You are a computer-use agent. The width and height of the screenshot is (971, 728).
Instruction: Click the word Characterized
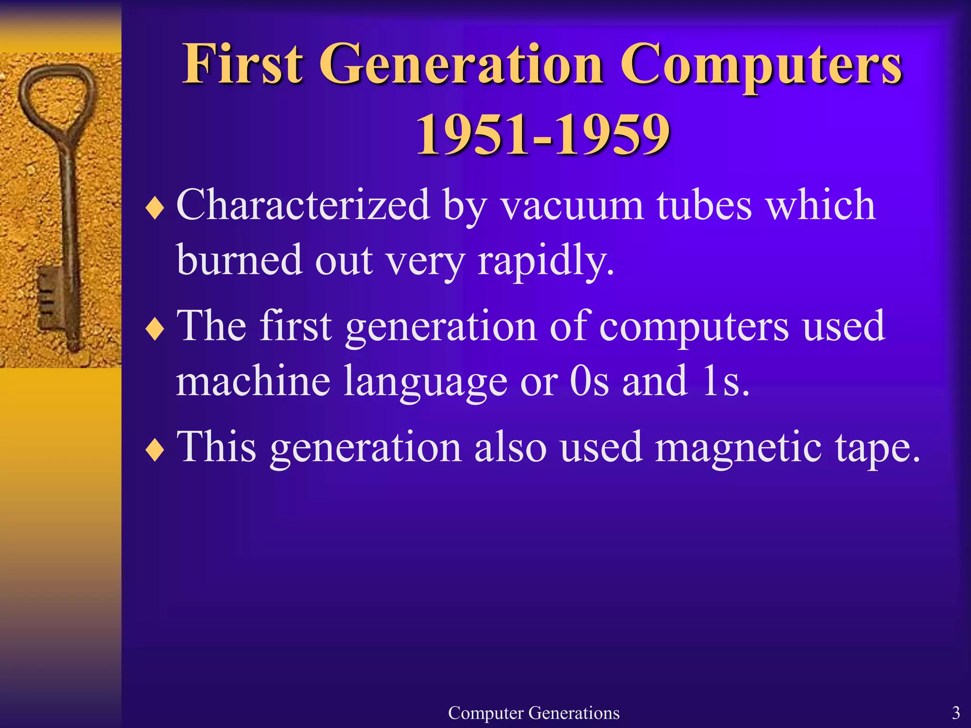click(303, 205)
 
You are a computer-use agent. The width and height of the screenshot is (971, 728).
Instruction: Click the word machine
click(253, 381)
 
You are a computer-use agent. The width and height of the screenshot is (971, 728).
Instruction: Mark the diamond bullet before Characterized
click(155, 208)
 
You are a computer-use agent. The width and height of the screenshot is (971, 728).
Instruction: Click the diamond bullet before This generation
click(155, 450)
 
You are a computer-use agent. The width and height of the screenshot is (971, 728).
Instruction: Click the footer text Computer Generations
click(533, 713)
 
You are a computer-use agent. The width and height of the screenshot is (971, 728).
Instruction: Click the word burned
click(239, 260)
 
